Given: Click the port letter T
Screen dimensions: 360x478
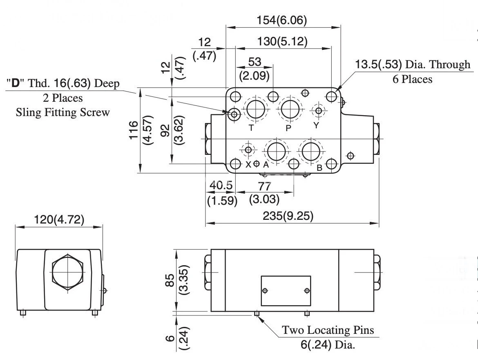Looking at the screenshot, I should tap(251, 127).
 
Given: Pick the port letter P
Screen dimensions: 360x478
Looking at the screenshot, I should tap(288, 128).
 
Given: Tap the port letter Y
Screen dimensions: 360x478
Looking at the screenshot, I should tap(316, 125).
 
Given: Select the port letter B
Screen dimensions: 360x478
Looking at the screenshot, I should tap(319, 167).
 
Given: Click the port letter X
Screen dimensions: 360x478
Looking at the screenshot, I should tap(248, 164).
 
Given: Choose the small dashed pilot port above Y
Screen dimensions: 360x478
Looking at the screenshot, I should tap(318, 110).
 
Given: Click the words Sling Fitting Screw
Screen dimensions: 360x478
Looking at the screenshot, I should tap(63, 112).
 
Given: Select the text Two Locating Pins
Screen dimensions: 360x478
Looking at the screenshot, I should tap(328, 330).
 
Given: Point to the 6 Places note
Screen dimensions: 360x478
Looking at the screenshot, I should tap(412, 79).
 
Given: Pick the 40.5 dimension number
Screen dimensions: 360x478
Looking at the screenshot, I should tap(221, 186).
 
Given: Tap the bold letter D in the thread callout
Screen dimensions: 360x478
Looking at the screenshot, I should tap(15, 83).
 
